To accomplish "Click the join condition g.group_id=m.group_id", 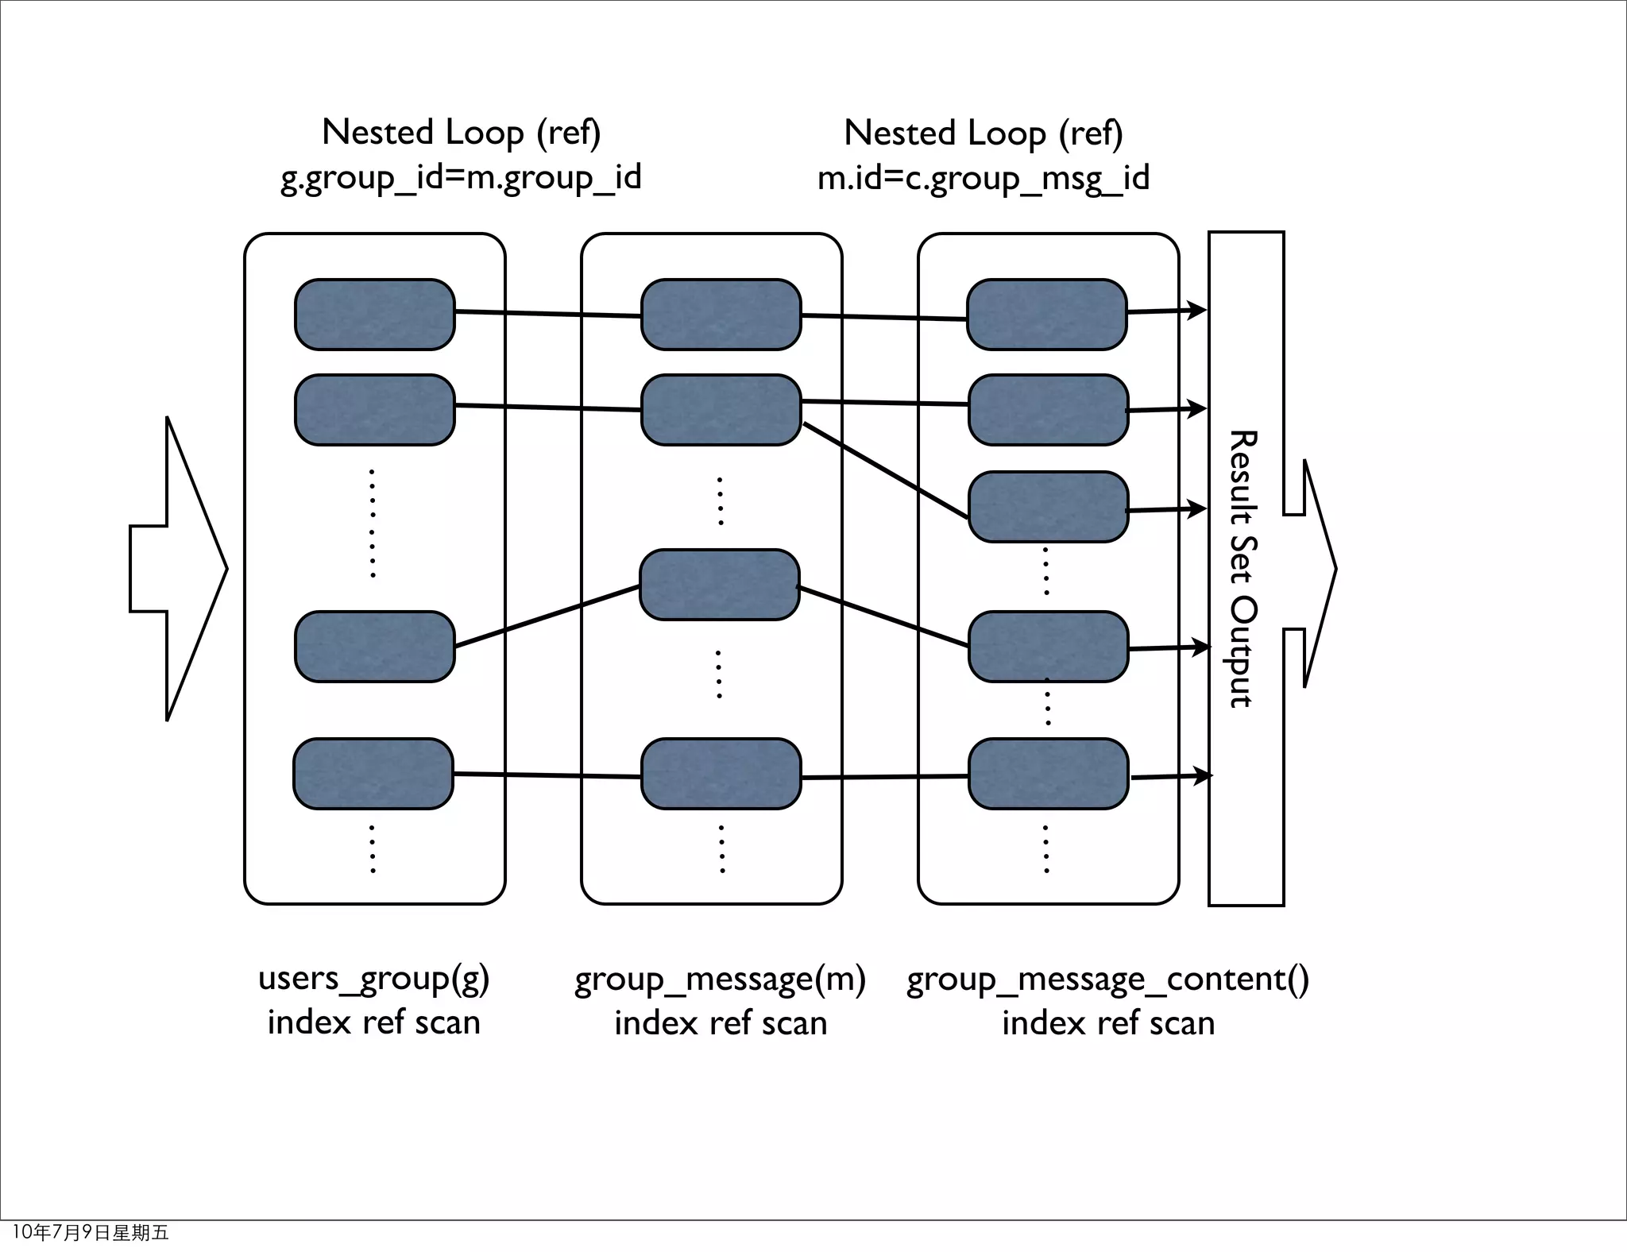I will pos(461,178).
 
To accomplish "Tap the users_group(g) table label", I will pos(373,979).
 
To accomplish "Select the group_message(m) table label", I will pos(720,980).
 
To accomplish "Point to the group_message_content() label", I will pos(1107,980).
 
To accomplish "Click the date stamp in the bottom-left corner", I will pos(91,1232).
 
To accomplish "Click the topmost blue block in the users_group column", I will pos(374,315).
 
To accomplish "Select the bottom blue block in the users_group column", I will pos(373,774).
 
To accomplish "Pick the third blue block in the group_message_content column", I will pos(1048,507).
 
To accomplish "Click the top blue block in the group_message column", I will pos(721,315).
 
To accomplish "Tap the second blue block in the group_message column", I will pos(721,410).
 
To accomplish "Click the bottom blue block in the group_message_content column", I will pos(1048,774).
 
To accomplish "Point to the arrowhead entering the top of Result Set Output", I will pos(1196,310).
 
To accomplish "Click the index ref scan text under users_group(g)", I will pos(373,1023).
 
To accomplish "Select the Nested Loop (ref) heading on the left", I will pos(461,133).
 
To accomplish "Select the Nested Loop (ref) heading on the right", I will pos(984,133).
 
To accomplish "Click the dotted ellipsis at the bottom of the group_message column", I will pos(721,849).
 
